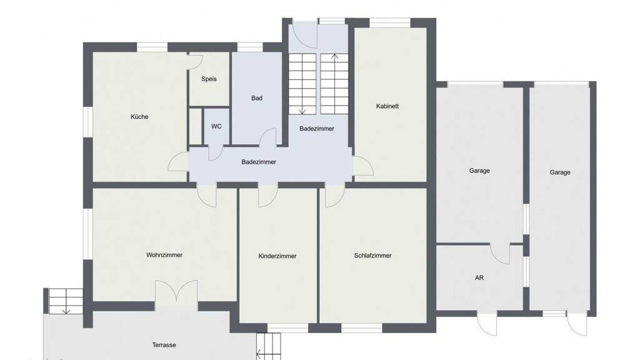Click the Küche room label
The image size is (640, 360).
tap(139, 117)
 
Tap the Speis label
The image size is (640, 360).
tap(209, 79)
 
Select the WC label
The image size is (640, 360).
tap(216, 126)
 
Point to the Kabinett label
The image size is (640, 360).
tap(387, 106)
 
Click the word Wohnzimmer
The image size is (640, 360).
tap(164, 255)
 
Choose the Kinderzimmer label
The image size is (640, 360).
tap(277, 256)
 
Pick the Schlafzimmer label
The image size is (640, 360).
tap(372, 256)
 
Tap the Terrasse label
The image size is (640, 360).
tap(164, 345)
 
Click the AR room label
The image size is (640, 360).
tap(479, 277)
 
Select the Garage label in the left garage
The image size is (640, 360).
tap(479, 171)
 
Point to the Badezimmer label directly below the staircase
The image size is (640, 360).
tap(317, 129)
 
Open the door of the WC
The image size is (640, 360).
tap(215, 152)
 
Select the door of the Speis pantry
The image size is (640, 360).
tap(196, 61)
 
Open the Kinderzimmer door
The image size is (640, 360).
tap(267, 197)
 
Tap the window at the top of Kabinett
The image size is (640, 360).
tap(390, 22)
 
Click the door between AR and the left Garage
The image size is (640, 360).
tap(500, 254)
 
